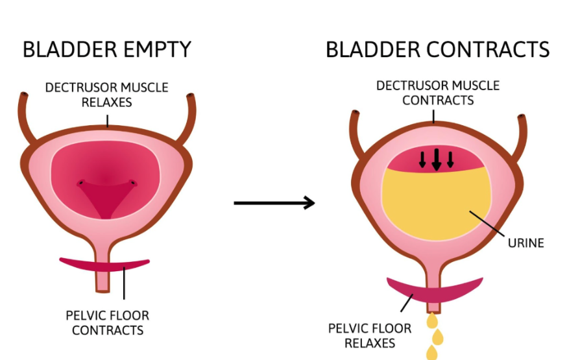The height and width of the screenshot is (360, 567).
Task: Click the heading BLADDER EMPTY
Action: tap(107, 50)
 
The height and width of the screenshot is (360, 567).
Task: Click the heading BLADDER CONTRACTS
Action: tap(437, 50)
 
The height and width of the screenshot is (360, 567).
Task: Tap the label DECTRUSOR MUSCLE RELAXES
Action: tap(106, 94)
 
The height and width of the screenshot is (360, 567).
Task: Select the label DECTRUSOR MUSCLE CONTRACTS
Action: tap(438, 93)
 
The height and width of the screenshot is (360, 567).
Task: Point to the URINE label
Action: tap(525, 243)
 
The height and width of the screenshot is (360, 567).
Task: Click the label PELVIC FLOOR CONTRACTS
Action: tap(107, 322)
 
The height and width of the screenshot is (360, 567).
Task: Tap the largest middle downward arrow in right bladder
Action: tap(436, 159)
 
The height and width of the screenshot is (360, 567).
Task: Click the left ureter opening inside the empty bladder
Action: tap(81, 183)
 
